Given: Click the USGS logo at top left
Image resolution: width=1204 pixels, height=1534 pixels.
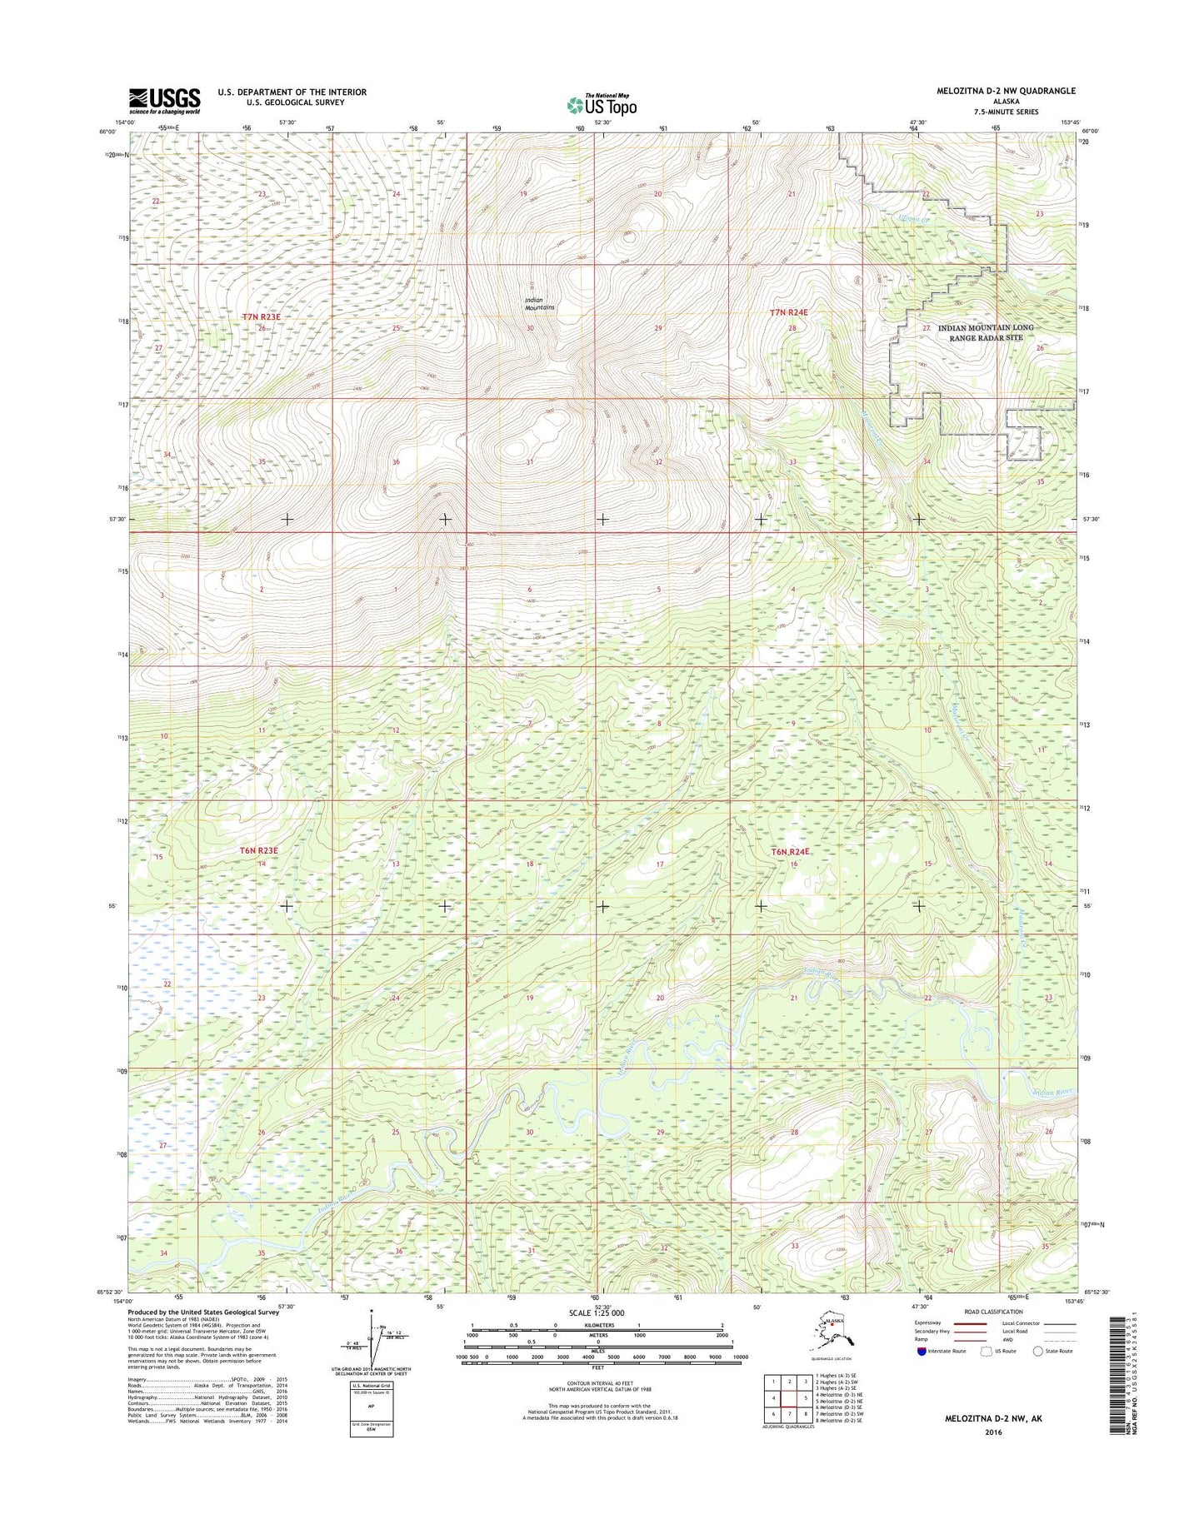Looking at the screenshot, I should click(164, 101).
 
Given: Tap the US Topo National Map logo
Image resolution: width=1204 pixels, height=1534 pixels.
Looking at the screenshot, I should click(602, 104).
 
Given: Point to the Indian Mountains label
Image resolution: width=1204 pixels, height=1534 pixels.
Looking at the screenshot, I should click(540, 304).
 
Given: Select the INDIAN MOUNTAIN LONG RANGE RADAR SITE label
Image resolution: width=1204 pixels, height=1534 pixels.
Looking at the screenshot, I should click(986, 332).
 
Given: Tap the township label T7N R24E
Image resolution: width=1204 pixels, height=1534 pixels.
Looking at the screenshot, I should click(788, 312).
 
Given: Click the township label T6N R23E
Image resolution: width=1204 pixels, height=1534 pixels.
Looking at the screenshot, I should click(257, 850).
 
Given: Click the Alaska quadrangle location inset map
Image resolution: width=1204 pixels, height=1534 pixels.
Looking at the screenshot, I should click(834, 1332).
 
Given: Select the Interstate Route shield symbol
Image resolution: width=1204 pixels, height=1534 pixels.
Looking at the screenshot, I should click(922, 1351).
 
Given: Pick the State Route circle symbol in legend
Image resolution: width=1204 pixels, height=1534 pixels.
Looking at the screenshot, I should click(1038, 1351).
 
